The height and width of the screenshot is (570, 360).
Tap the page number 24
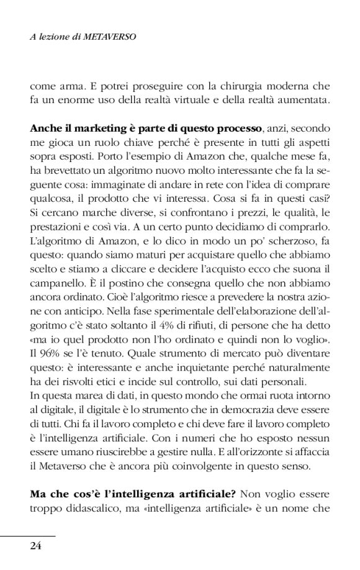coord(36,546)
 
